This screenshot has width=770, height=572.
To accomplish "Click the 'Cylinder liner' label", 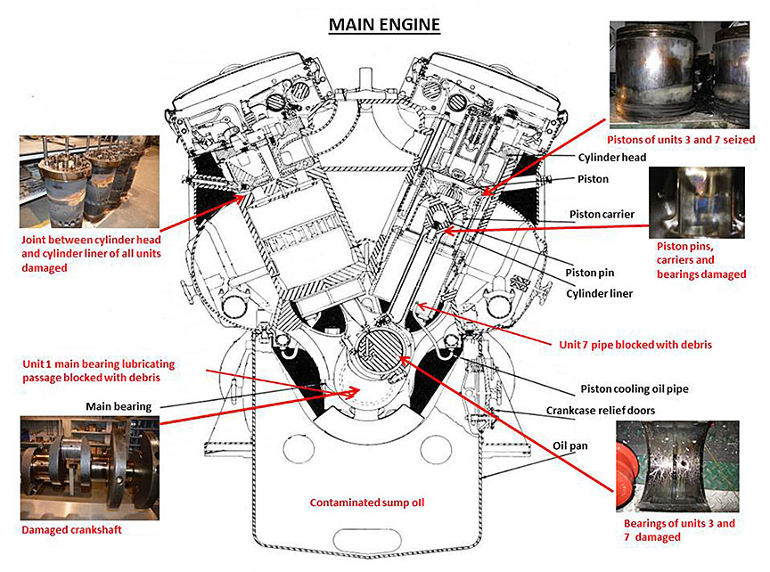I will click(600, 292).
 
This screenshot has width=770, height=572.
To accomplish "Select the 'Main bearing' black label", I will click(119, 406).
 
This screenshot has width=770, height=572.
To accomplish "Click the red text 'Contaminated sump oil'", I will click(367, 503).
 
